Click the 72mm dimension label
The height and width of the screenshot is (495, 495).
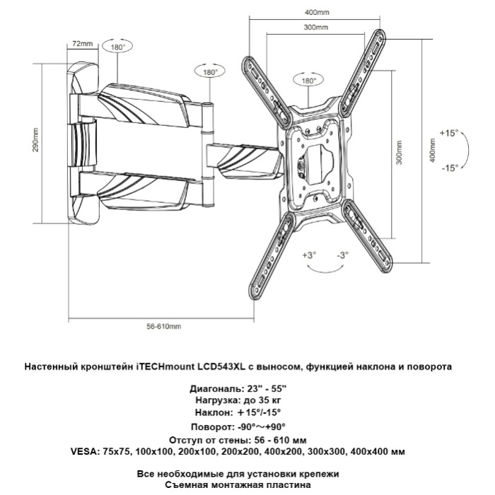coord(83,44)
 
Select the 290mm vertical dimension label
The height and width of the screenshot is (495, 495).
coord(35,140)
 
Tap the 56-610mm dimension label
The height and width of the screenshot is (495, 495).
coord(164,326)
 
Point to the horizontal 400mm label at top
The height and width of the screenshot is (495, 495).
coord(317,12)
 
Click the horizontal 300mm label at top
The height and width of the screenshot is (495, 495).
coord(316,27)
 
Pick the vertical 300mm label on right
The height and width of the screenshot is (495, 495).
coord(400,153)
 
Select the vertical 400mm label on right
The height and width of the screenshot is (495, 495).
coord(433,151)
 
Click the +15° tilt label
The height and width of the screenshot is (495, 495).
coord(449,133)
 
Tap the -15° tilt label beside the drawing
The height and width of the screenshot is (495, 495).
coord(450,168)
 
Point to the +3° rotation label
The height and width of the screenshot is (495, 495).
coord(310,255)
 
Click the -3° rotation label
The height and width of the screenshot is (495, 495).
coord(342,255)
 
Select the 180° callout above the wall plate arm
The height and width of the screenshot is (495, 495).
coord(118,47)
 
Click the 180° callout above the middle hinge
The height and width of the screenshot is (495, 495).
coord(210,72)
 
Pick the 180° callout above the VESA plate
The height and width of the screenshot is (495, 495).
coord(308,81)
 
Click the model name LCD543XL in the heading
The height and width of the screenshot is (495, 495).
coord(221,366)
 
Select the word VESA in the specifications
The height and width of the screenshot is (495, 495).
coord(84,452)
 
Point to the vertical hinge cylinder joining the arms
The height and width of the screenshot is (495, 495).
coord(208,154)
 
